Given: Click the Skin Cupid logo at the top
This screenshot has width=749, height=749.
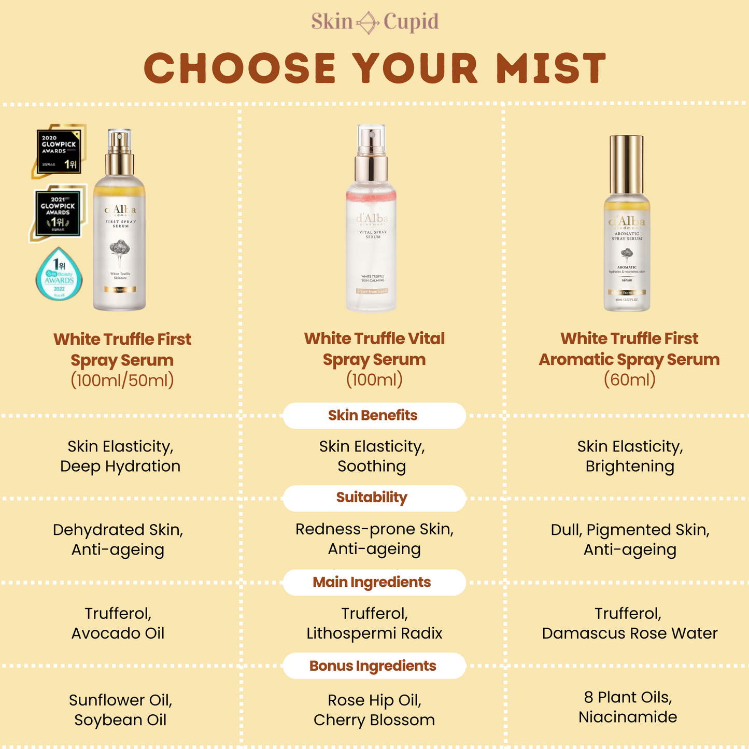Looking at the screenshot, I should coord(375,22).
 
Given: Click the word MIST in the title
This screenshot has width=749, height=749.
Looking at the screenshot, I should coord(551,68).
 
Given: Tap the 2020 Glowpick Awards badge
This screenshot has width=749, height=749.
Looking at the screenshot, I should coord(58,151).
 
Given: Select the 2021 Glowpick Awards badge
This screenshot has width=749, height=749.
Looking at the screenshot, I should coord(58,213).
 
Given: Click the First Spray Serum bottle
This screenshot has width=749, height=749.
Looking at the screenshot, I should coord(120,228).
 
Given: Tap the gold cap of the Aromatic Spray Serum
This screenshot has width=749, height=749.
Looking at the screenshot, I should coord(627,163).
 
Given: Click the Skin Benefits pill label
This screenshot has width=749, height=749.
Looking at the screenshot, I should coord(373,415).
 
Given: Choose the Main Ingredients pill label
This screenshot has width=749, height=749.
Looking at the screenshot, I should coord(372,582).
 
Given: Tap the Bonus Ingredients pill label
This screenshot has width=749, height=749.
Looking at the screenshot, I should coord(373,666).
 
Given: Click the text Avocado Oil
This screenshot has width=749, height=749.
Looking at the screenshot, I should coord(118,633).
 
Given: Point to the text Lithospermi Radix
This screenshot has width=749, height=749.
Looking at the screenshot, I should coord(374,633).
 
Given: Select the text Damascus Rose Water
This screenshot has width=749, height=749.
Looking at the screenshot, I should coord(630,633).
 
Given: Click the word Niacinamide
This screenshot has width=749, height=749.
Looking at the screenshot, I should coord(628,717).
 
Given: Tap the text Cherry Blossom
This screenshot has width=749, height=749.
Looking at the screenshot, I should coord(374,720).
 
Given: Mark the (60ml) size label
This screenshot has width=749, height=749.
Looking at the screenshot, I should coord(630,380).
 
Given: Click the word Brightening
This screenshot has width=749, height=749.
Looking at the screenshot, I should coord(630,467).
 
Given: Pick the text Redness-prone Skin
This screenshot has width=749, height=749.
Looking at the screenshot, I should coord(374,529).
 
